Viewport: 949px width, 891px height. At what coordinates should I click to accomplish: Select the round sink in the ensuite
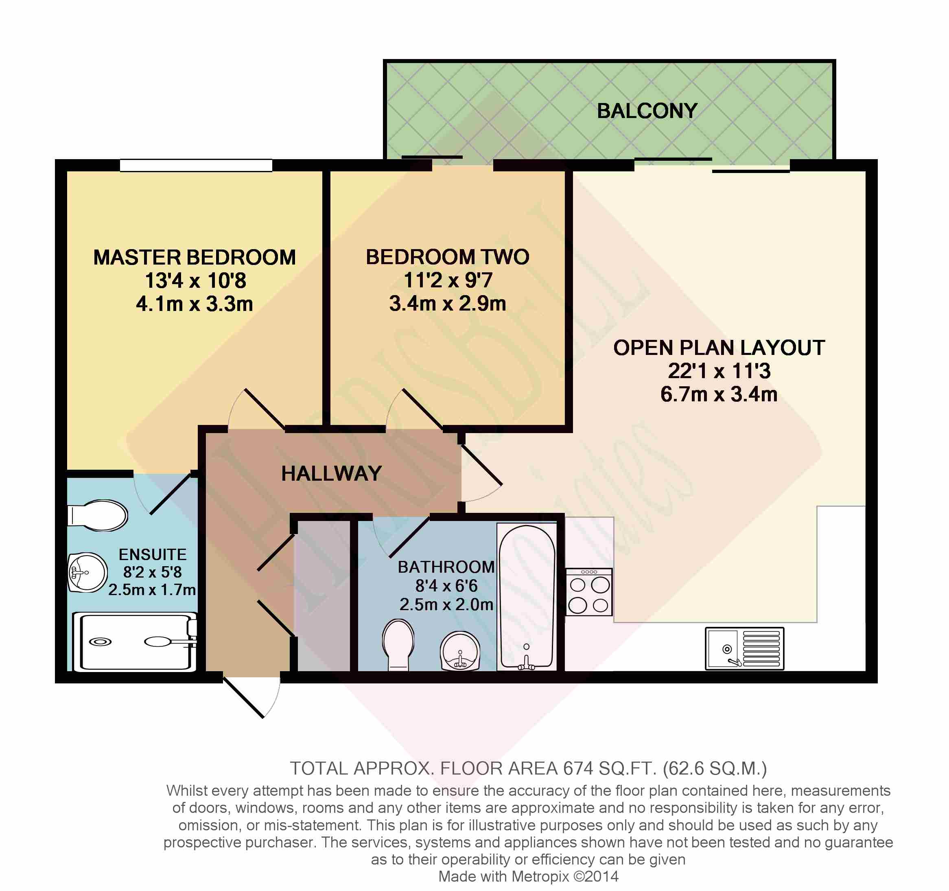tap(87, 572)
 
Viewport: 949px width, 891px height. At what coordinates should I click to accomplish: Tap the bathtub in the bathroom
tap(527, 597)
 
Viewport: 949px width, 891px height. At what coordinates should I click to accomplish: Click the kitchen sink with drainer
tap(744, 648)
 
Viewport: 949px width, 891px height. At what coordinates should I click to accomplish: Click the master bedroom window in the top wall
tap(196, 165)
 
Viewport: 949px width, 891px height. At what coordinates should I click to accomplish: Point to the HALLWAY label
tap(331, 474)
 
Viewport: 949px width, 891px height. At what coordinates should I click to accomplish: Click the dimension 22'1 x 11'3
tap(719, 371)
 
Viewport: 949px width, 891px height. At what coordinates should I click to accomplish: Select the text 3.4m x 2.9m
tap(447, 304)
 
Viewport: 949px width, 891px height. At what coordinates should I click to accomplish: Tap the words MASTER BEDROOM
tap(194, 257)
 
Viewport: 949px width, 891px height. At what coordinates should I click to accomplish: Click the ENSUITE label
tap(152, 554)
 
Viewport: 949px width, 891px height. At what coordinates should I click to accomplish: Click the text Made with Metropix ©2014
tap(528, 876)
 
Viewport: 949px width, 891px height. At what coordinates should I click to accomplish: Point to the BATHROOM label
tap(446, 567)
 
